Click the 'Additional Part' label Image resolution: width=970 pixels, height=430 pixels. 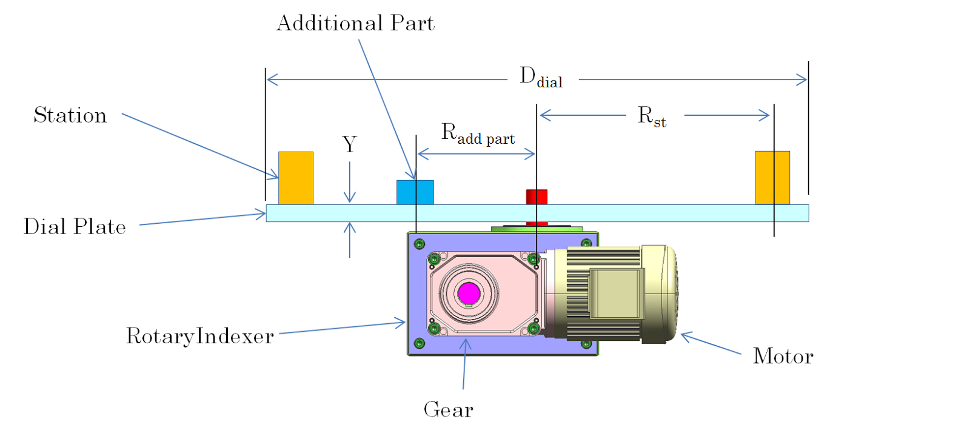click(x=355, y=24)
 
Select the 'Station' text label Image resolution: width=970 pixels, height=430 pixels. click(x=70, y=115)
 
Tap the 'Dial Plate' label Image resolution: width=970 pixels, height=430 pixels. click(x=75, y=227)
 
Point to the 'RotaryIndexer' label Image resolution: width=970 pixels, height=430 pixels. click(x=199, y=336)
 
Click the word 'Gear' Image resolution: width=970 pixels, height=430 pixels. click(x=448, y=410)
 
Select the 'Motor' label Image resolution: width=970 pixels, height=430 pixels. click(x=783, y=356)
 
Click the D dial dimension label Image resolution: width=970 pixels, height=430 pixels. click(x=541, y=78)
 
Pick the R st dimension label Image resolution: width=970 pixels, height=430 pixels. click(x=652, y=116)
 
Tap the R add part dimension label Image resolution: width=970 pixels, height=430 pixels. click(x=478, y=134)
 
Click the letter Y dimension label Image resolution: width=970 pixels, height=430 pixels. click(x=349, y=144)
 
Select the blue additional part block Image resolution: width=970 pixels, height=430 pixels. click(x=415, y=192)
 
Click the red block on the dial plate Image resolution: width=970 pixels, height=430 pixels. click(x=537, y=197)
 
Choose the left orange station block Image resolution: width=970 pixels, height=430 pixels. click(x=296, y=178)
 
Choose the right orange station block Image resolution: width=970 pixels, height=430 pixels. click(x=772, y=177)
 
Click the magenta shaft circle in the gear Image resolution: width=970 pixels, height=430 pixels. click(x=469, y=294)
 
